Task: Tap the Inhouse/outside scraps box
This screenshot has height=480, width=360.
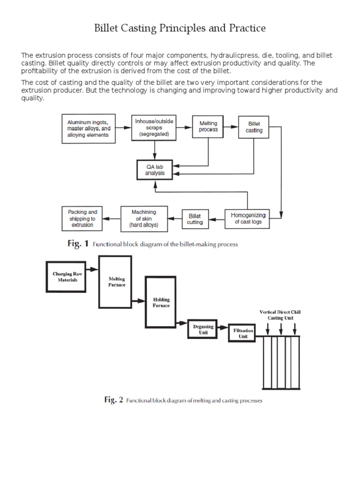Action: (x=154, y=127)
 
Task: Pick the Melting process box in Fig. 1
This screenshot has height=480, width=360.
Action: (x=208, y=126)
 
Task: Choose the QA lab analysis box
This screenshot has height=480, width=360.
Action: (x=155, y=169)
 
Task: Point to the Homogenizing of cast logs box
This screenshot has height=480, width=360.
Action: (x=248, y=218)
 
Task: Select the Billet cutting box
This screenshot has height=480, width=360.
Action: (x=195, y=219)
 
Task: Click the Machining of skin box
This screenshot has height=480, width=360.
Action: (x=144, y=218)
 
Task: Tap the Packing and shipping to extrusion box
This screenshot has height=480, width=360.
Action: (x=82, y=218)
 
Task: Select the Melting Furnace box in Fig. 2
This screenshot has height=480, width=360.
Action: (x=114, y=282)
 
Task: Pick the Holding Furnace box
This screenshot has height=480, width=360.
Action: (x=161, y=302)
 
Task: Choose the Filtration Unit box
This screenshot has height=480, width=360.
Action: (x=243, y=333)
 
